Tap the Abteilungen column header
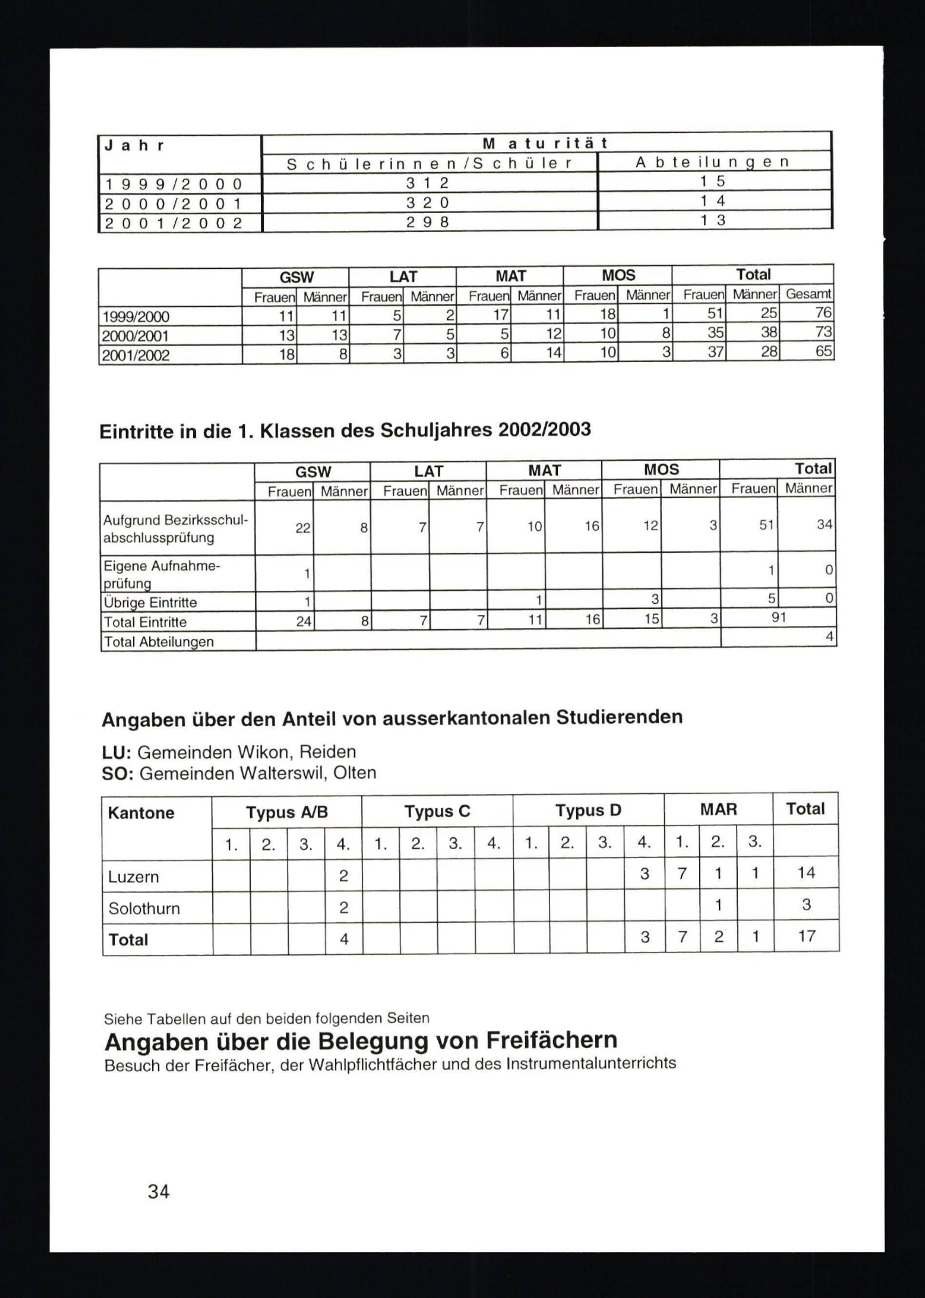pyautogui.click(x=713, y=162)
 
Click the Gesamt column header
pyautogui.click(x=808, y=294)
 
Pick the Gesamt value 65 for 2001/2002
pyautogui.click(x=823, y=351)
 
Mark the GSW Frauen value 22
pyautogui.click(x=302, y=528)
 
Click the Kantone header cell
pyautogui.click(x=141, y=813)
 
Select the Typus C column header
pyautogui.click(x=437, y=811)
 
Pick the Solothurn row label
pyautogui.click(x=144, y=909)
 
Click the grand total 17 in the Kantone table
pyautogui.click(x=807, y=936)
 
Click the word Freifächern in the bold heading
pyautogui.click(x=551, y=1040)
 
